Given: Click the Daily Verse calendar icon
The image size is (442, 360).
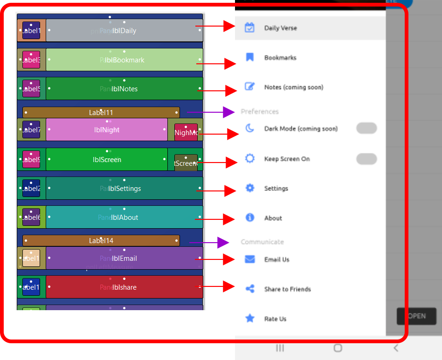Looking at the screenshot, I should pos(250,27).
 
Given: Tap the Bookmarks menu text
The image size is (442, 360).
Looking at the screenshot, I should pos(280,58).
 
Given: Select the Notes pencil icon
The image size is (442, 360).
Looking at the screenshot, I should pos(250,87).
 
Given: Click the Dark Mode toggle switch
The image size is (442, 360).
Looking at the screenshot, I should pos(366,129).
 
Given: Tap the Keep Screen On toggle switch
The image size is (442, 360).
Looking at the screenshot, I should pos(366,159).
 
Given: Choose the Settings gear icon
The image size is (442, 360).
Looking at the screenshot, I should pos(250,188).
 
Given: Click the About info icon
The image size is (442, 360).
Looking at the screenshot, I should pos(250,217).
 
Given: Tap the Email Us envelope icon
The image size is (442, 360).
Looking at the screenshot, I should pos(250,259).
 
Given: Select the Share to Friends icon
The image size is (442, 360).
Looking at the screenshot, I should pos(250,289).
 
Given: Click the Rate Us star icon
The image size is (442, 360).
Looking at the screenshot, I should pos(250,319).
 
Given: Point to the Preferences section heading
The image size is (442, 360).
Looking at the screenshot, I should pos(260,112).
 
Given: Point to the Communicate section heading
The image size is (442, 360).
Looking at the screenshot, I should pos(262,242).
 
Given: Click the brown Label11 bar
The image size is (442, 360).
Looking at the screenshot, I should pos(101,112).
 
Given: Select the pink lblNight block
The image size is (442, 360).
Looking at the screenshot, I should pos(107,130).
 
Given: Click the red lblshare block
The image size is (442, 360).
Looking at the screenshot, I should pos(124,287).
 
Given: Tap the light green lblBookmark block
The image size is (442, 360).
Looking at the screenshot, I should pos(124,60).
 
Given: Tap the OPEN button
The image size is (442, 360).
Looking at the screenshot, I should pos(416,316).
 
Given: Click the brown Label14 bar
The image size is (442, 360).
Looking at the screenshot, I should pos(101,241).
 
